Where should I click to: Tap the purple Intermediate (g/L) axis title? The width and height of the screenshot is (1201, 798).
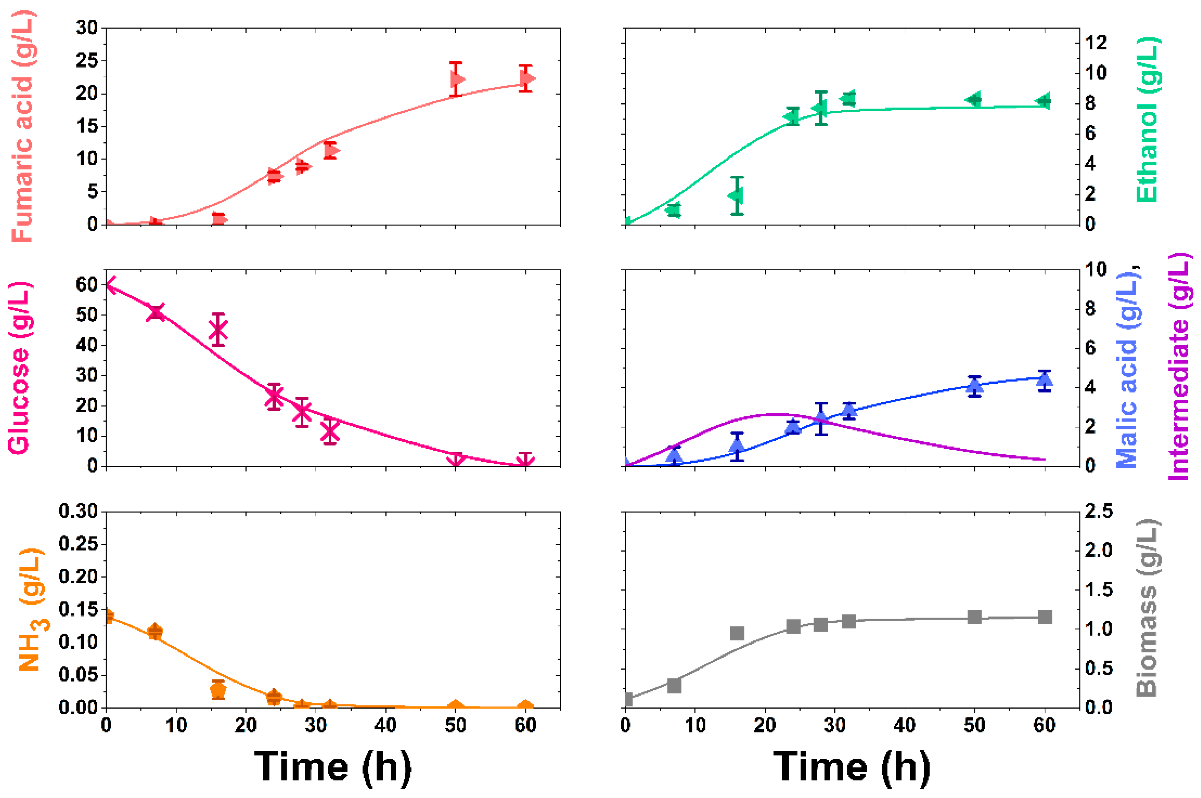click(1178, 367)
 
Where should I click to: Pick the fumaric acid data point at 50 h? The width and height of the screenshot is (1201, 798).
click(457, 79)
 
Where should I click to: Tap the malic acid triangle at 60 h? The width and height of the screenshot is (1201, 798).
click(1044, 380)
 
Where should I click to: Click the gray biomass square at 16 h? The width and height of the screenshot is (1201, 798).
click(737, 633)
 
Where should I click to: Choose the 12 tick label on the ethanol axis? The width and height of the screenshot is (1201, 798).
click(1096, 43)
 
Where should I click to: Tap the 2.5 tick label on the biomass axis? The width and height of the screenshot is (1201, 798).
click(1099, 511)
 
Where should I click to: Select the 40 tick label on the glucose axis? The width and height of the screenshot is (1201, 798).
click(87, 345)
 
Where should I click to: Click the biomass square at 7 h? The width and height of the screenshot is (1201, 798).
click(674, 686)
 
